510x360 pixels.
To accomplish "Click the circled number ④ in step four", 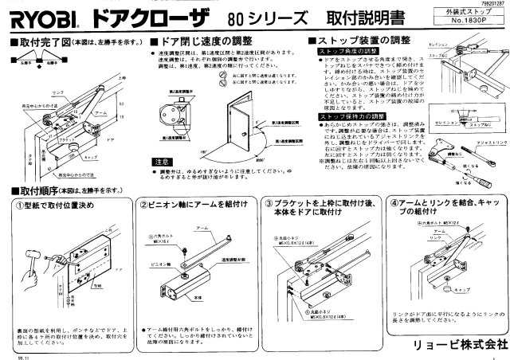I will pyautogui.click(x=394, y=203).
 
